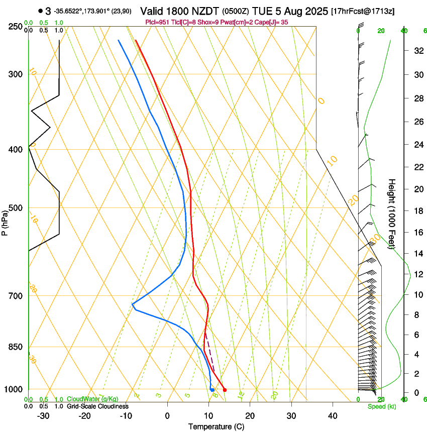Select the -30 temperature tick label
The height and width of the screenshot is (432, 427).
pyautogui.click(x=43, y=416)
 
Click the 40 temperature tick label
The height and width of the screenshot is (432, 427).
pyautogui.click(x=332, y=416)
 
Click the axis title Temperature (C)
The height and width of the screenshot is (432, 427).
pyautogui.click(x=217, y=426)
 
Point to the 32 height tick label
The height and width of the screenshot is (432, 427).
pyautogui.click(x=417, y=51)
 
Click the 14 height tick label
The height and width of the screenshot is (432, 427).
pyautogui.click(x=417, y=254)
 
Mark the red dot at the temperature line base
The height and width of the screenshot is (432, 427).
pyautogui.click(x=225, y=390)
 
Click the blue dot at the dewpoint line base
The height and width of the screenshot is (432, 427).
pyautogui.click(x=212, y=390)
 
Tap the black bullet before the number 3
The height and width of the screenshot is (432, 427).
pyautogui.click(x=40, y=11)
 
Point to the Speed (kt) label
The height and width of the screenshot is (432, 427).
pyautogui.click(x=382, y=406)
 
